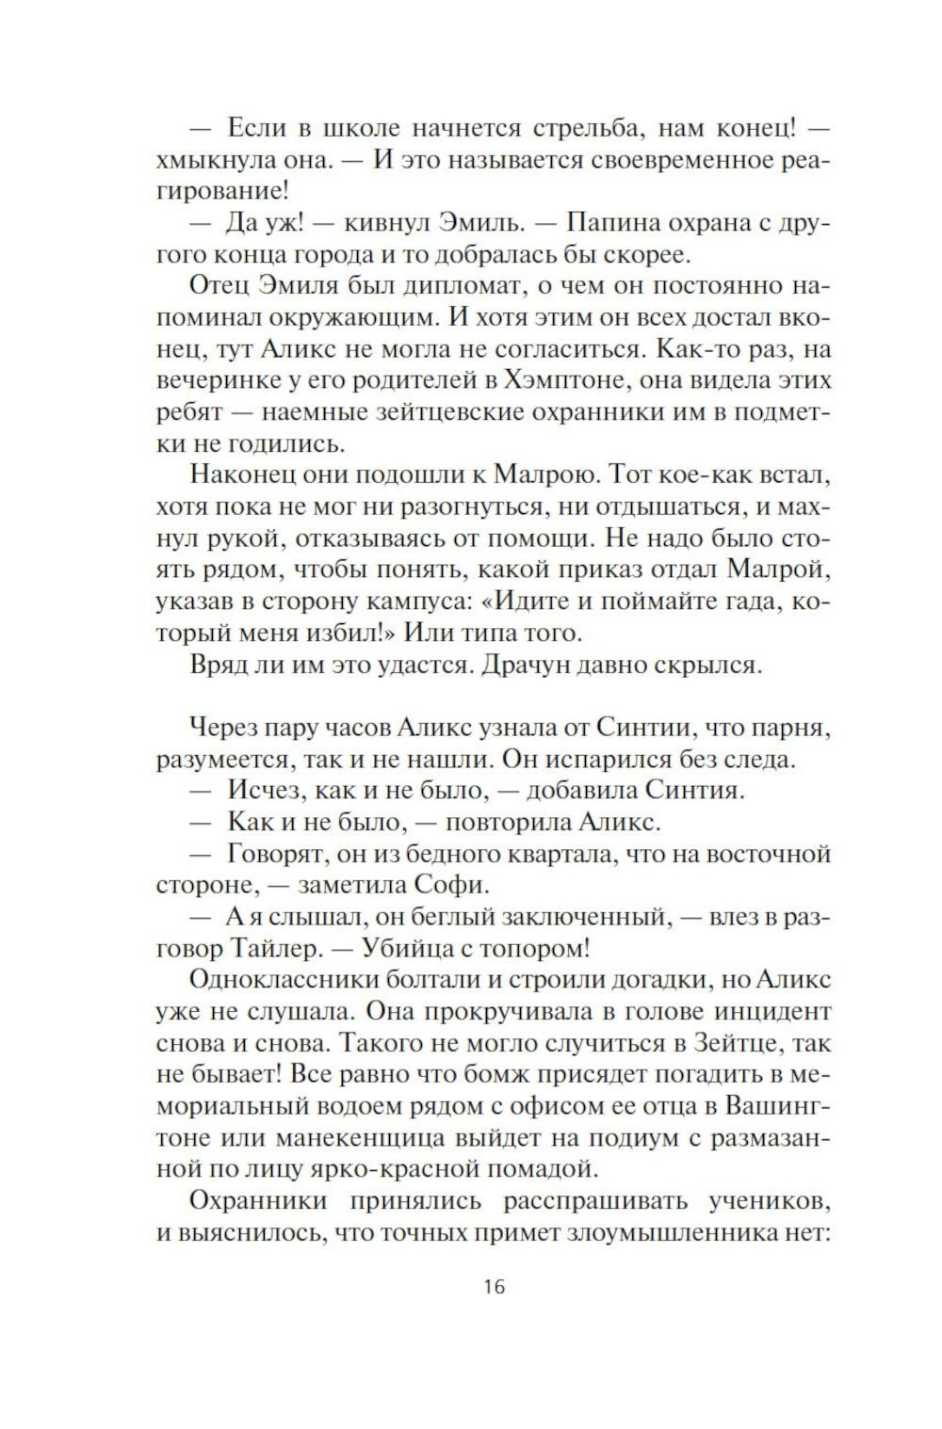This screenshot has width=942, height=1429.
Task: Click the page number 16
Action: click(494, 1285)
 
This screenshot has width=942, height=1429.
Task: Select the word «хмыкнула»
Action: click(209, 159)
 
